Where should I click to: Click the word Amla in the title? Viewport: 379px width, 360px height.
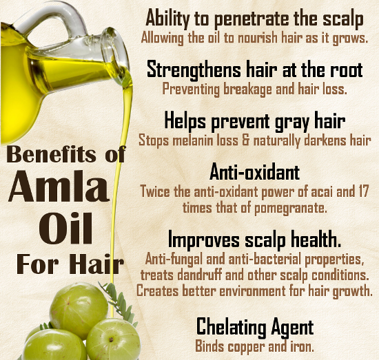point(59,187)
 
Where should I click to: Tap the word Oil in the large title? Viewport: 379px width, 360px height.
point(65,229)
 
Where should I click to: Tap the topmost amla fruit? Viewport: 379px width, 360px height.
point(79,310)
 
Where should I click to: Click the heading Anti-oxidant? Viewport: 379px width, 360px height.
point(254,172)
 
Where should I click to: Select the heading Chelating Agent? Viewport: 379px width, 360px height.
point(255,327)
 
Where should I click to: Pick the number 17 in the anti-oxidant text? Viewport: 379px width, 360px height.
point(362,191)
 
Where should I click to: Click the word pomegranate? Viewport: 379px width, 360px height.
point(290,209)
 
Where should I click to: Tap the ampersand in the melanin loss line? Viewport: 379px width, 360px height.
point(245,140)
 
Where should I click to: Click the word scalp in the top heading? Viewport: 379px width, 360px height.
point(343,19)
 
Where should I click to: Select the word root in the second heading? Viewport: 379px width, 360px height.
point(347,70)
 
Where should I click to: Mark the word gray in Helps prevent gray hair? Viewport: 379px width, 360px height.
point(291,122)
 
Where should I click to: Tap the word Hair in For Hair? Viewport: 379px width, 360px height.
point(98,264)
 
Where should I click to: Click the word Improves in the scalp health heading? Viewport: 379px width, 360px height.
point(204,240)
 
